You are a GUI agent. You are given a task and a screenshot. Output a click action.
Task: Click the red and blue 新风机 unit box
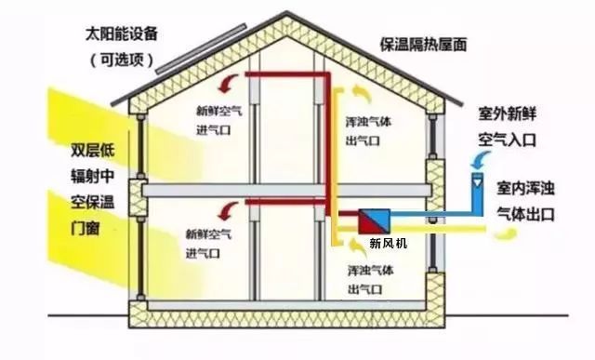coord(374,221)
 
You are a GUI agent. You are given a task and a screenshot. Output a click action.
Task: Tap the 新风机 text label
coord(388,245)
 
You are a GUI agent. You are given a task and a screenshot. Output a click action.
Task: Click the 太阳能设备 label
coord(121,33)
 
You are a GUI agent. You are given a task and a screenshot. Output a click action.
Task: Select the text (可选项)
coord(121,60)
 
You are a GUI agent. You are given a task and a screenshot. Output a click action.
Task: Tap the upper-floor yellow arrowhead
coord(354,93)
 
